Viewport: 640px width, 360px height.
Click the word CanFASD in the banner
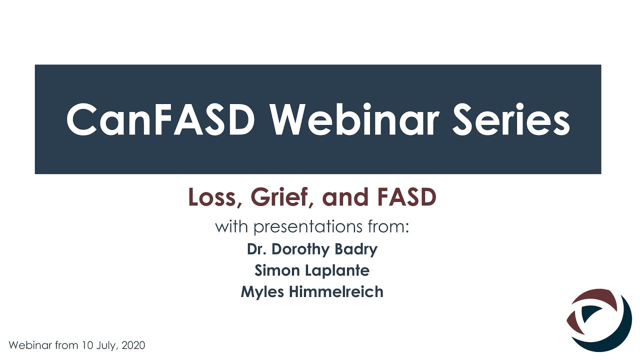pos(160,120)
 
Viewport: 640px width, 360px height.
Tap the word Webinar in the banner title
pos(355,120)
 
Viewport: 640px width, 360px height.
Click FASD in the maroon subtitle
pos(406,197)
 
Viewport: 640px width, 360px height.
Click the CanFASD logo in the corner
pos(599,318)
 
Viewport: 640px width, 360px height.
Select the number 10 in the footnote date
pos(90,345)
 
